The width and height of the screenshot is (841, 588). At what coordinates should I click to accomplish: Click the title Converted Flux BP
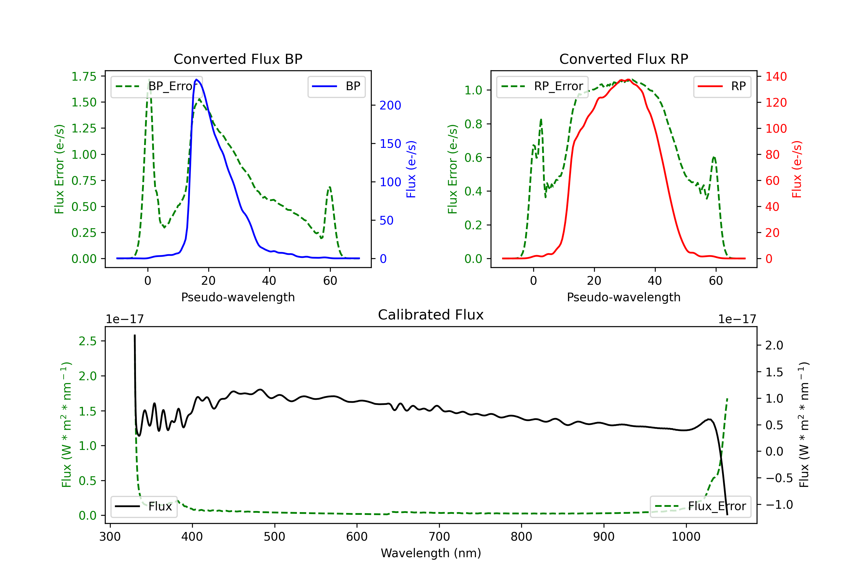click(x=238, y=59)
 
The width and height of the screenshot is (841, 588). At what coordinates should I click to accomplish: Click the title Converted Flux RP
click(x=623, y=59)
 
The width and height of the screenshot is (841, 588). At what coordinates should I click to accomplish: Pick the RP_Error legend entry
click(x=542, y=86)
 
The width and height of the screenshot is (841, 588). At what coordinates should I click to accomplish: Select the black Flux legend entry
click(x=144, y=507)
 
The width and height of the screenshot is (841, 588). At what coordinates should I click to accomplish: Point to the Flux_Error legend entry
click(x=700, y=507)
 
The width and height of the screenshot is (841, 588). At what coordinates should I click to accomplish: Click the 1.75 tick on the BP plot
click(x=84, y=76)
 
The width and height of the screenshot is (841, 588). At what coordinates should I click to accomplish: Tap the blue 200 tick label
click(x=390, y=105)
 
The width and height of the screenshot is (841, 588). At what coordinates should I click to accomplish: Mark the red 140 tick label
click(x=776, y=76)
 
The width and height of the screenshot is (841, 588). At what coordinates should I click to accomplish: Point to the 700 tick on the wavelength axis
click(x=439, y=536)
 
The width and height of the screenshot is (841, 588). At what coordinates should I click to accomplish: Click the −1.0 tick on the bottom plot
click(x=779, y=505)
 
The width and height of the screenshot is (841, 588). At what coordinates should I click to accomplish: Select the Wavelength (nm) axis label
click(x=431, y=553)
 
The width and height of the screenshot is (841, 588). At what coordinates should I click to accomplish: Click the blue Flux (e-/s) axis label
click(x=411, y=169)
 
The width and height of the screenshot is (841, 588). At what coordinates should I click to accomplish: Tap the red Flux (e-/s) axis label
click(x=797, y=169)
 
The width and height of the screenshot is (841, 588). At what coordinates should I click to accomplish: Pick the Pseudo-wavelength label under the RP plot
click(x=623, y=297)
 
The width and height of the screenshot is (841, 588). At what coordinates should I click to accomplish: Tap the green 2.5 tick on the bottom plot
click(x=87, y=341)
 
